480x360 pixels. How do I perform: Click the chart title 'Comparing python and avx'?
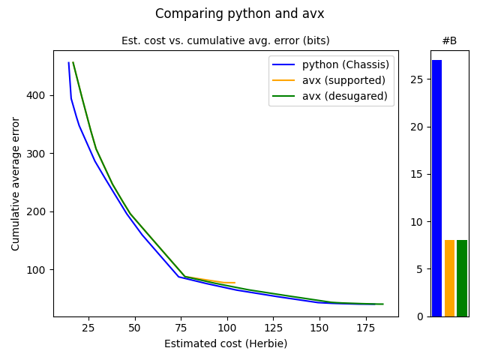240,13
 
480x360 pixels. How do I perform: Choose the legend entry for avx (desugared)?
344,96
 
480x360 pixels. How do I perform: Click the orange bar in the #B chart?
449,278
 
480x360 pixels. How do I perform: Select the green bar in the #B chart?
462,278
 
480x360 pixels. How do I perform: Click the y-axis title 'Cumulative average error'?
16,183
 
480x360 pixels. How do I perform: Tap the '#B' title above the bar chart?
449,40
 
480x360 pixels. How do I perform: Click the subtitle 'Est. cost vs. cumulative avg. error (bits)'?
226,40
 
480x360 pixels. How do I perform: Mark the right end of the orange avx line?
235,283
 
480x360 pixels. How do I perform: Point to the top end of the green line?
73,62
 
